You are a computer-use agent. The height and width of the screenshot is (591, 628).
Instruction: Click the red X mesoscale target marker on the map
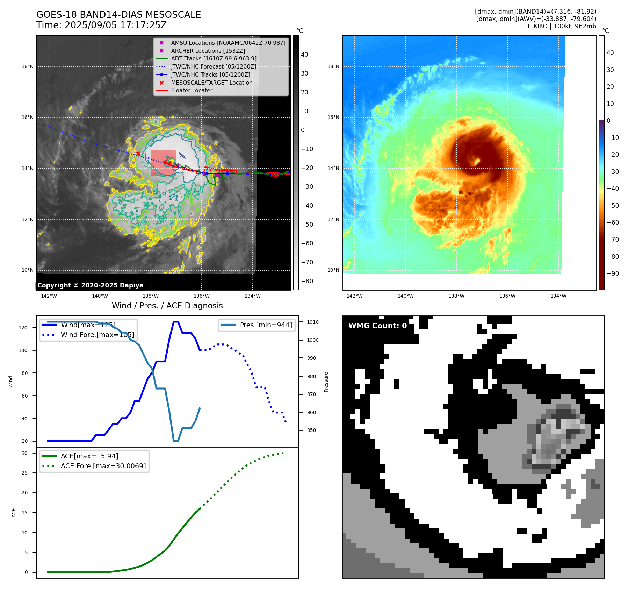138,154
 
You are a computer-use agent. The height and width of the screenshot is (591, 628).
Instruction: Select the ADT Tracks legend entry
214,59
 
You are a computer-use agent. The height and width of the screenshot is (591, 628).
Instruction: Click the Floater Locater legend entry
192,91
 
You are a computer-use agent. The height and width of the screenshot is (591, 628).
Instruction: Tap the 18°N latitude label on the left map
28,66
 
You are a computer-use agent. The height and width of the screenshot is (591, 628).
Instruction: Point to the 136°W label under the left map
202,296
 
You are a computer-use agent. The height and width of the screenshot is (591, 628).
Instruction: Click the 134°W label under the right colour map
558,296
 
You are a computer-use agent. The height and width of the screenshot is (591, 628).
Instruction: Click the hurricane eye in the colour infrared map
477,162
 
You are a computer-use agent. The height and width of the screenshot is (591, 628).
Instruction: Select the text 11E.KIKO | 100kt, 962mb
558,26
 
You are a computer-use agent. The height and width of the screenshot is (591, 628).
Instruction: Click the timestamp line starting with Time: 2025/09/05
101,26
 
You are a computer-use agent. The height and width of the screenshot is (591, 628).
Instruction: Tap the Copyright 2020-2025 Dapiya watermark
90,285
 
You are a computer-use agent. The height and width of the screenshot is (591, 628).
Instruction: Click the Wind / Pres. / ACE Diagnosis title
167,306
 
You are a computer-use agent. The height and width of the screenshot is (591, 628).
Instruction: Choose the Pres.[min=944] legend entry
266,325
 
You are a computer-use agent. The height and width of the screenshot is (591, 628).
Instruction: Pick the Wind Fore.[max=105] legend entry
97,335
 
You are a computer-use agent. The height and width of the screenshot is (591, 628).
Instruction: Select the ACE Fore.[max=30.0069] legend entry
103,466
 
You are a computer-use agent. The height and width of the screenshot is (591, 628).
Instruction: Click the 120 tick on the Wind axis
23,328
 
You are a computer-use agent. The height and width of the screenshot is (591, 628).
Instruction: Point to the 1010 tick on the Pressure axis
313,322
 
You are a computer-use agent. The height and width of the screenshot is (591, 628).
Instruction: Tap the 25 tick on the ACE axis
25,473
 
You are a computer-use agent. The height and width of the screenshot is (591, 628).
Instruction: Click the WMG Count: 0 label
377,326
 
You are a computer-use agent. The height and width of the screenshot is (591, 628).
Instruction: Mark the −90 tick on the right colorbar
613,273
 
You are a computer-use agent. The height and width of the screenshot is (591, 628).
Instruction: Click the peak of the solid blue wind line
176,322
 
